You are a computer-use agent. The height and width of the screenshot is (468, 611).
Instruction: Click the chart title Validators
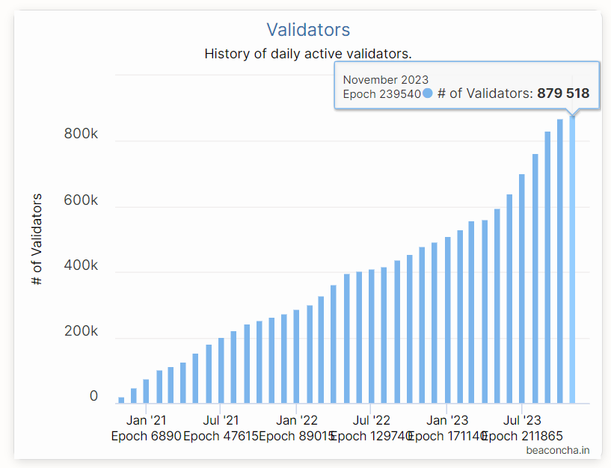pos(308,30)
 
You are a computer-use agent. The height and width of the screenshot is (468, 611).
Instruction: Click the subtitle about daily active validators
pos(308,54)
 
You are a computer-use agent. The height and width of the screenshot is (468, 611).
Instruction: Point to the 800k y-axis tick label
pos(81,135)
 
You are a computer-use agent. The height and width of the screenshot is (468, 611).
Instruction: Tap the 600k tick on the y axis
pos(81,200)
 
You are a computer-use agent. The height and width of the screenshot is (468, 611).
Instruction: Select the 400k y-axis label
pos(81,265)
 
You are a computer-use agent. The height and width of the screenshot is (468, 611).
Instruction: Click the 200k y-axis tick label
pos(81,331)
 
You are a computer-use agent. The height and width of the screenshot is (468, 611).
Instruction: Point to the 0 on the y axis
pos(93,396)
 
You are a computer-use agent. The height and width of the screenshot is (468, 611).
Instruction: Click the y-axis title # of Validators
pos(37,238)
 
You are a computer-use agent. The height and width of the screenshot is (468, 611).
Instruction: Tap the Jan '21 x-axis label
pos(147,420)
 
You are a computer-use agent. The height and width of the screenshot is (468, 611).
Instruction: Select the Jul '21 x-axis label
pos(221,420)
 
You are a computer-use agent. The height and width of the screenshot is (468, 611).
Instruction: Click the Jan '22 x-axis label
pos(297,420)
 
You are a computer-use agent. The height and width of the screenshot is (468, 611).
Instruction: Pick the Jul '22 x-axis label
pos(372,420)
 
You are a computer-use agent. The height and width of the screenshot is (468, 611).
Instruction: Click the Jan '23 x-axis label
pos(447,420)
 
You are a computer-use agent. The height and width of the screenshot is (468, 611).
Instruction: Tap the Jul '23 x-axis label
pos(522,420)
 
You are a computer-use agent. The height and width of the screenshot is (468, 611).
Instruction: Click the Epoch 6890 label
pos(146,436)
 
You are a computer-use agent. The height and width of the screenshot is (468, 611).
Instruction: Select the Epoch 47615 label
pos(220,436)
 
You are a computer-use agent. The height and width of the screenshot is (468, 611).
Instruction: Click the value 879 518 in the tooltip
pos(563,93)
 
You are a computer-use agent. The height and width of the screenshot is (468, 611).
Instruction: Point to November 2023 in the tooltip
pos(386,79)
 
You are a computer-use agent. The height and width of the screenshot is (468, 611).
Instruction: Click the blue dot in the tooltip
pos(428,93)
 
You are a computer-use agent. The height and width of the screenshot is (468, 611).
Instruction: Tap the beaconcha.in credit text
pos(558,450)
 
